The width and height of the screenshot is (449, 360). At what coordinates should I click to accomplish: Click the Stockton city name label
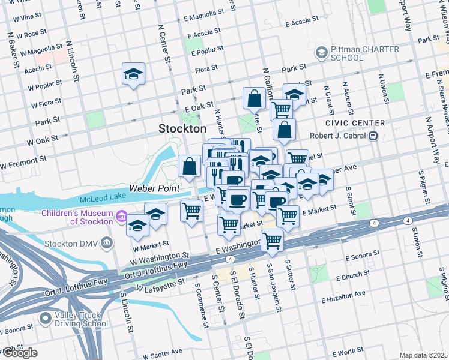pos(182,128)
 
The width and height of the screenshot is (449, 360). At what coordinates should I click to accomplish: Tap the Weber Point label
pos(154,189)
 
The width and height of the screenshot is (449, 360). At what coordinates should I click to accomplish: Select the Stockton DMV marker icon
pos(107,242)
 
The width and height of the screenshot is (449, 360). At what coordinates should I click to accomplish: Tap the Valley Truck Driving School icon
pos(45,318)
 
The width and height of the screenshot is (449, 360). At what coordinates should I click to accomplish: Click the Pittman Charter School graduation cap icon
pos(322,53)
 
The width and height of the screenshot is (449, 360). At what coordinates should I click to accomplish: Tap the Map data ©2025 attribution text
pos(423,355)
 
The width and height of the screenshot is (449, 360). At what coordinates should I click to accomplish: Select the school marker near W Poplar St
pos(133,74)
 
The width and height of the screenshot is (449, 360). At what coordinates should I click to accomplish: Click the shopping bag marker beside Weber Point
pos(190,167)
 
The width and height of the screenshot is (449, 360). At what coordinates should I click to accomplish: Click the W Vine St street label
pos(22,19)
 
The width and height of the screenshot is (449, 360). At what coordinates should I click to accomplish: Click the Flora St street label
pos(206,70)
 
